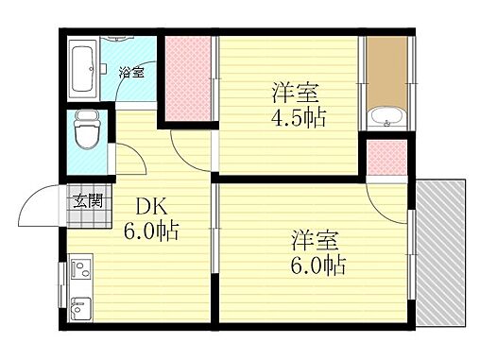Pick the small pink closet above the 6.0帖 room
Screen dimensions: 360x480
387,157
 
